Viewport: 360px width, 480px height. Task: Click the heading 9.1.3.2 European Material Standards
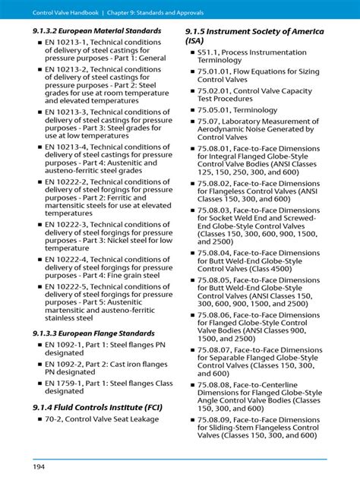pos(96,31)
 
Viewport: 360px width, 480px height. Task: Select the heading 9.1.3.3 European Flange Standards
pos(93,333)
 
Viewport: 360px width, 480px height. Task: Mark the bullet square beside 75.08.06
pos(191,315)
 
